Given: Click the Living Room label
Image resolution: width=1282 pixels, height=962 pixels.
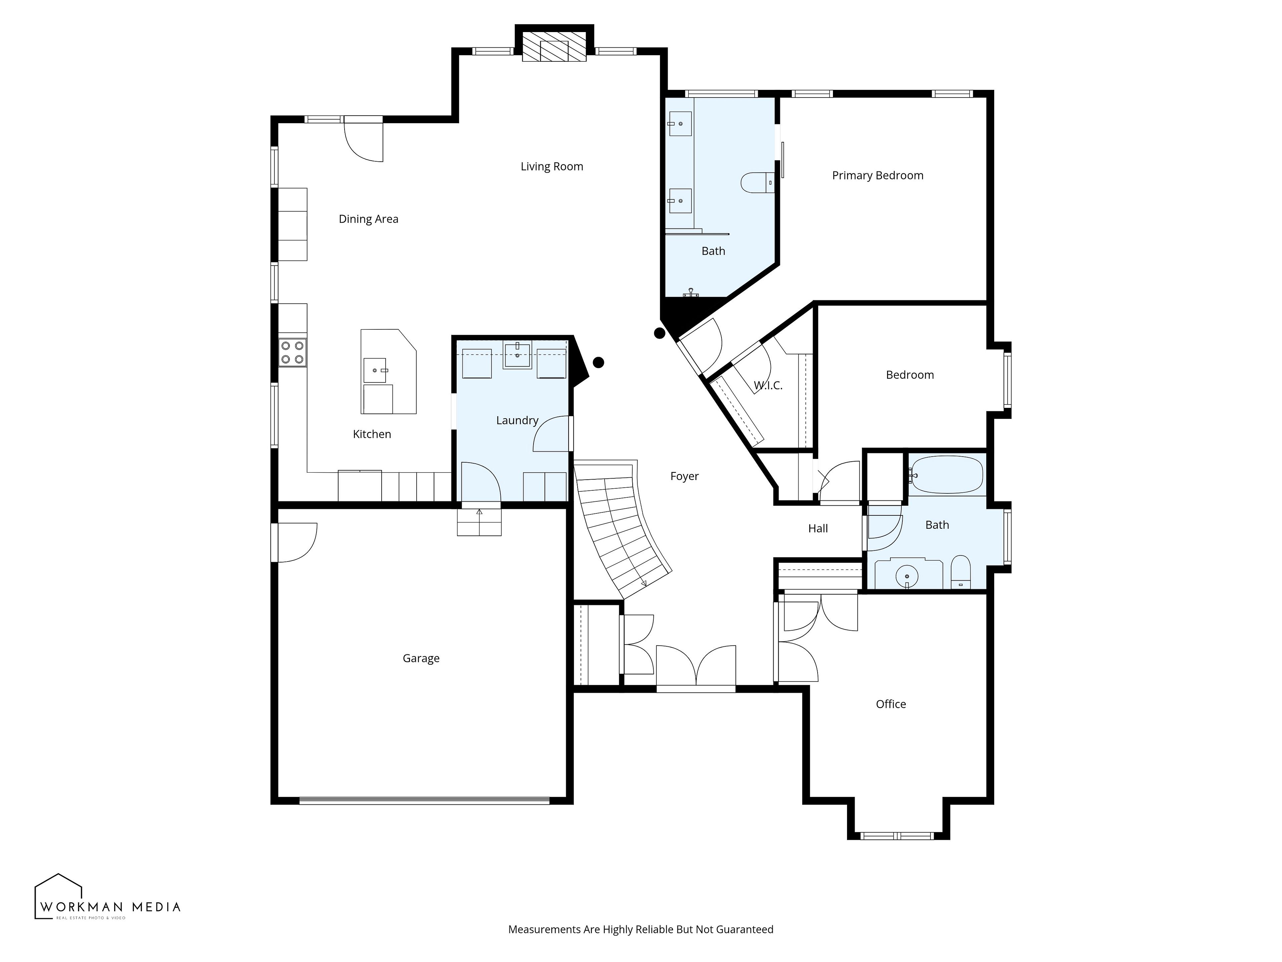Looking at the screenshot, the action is [552, 166].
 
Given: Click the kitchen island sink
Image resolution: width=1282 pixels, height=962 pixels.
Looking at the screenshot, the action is [375, 370].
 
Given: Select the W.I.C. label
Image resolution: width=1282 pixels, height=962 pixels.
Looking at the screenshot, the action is [768, 385].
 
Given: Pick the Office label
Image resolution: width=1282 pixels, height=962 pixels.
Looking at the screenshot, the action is [891, 704].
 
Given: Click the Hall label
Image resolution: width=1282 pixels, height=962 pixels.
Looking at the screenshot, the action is [818, 528].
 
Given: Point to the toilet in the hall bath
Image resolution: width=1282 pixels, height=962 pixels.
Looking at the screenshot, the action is [960, 572].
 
